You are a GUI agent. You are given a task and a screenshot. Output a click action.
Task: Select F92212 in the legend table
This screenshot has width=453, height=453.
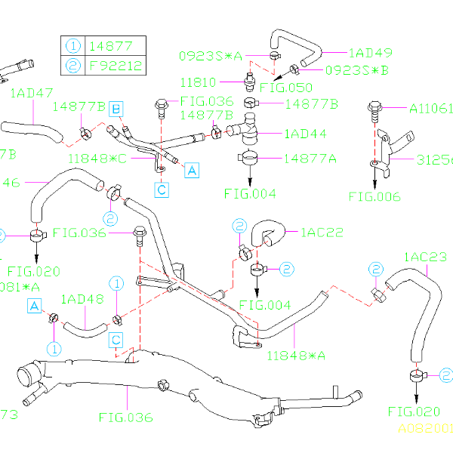115,65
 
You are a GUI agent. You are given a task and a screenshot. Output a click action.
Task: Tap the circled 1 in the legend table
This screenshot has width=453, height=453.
73,45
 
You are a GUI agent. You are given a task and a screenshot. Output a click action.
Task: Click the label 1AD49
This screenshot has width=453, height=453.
371,53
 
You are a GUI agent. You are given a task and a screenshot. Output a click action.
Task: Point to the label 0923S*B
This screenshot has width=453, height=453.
356,70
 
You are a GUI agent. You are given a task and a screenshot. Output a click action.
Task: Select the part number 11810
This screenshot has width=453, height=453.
198,82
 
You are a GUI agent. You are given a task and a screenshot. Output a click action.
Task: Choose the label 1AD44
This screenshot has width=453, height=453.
305,134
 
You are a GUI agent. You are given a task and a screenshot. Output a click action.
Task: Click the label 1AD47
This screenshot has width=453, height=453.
31,93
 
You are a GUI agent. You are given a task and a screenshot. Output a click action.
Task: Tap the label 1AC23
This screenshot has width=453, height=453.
425,257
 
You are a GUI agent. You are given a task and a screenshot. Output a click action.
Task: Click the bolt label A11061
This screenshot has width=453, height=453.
430,108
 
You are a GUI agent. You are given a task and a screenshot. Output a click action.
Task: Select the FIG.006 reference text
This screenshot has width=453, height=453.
374,197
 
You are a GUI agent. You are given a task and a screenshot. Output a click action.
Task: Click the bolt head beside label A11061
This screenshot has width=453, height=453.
374,108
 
